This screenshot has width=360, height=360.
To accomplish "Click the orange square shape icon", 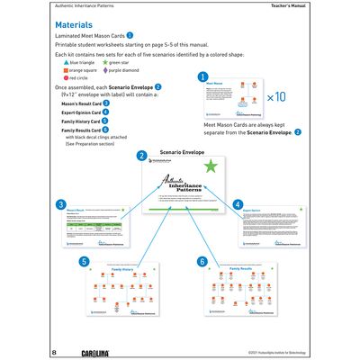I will coord(58,71).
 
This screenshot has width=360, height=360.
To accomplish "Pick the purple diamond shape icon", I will coord(115,71).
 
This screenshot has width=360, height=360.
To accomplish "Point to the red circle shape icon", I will coord(58,79).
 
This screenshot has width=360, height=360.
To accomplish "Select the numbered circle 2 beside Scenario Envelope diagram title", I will coord(141,155).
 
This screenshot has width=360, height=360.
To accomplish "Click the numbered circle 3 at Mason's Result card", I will coord(60,205).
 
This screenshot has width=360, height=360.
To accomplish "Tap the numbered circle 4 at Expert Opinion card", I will coord(238,204).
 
